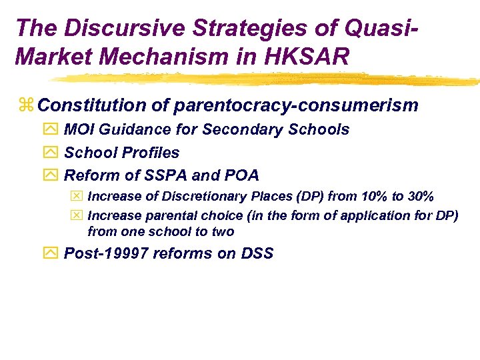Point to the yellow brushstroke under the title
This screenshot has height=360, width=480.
pos(267,79)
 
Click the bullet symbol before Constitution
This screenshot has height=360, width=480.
pos(26,106)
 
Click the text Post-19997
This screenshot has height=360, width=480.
pos(105,254)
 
